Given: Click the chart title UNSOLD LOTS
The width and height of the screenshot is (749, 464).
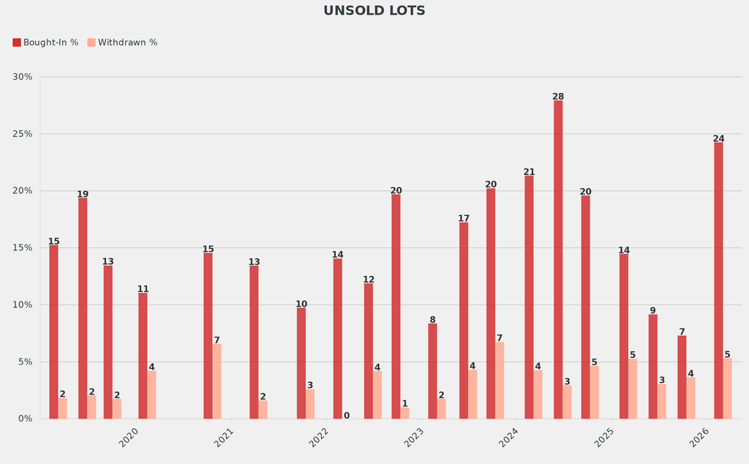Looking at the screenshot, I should pyautogui.click(x=374, y=11).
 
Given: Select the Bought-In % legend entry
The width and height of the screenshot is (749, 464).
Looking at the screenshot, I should pyautogui.click(x=45, y=42).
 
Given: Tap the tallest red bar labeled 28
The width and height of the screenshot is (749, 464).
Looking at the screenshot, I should pyautogui.click(x=558, y=260).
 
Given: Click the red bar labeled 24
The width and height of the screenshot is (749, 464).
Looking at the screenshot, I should pyautogui.click(x=718, y=280).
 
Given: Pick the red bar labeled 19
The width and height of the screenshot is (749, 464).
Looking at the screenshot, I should pyautogui.click(x=83, y=308).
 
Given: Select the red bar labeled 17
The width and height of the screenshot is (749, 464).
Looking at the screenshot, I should pyautogui.click(x=464, y=321).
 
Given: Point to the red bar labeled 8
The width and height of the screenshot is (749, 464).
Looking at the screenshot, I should pyautogui.click(x=432, y=371).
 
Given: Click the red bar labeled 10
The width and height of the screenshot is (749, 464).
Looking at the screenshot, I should pyautogui.click(x=301, y=363).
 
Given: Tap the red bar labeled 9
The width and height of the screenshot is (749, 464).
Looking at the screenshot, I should pyautogui.click(x=652, y=367).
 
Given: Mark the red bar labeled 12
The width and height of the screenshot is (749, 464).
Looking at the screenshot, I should pyautogui.click(x=369, y=351).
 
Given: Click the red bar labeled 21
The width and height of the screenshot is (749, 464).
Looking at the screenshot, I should pyautogui.click(x=529, y=297).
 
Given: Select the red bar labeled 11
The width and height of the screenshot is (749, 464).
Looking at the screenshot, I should pyautogui.click(x=143, y=356).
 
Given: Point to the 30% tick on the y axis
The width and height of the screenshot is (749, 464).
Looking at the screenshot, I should pyautogui.click(x=23, y=77).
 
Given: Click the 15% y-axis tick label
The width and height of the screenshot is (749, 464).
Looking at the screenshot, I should pyautogui.click(x=23, y=248).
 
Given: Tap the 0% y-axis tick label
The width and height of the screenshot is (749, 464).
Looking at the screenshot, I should pyautogui.click(x=25, y=419).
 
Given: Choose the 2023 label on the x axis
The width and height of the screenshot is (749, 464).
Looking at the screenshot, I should pyautogui.click(x=413, y=438).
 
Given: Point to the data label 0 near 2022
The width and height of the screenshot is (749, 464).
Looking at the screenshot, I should pyautogui.click(x=347, y=416).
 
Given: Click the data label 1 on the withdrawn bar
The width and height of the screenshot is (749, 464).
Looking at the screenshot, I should pyautogui.click(x=404, y=403).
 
